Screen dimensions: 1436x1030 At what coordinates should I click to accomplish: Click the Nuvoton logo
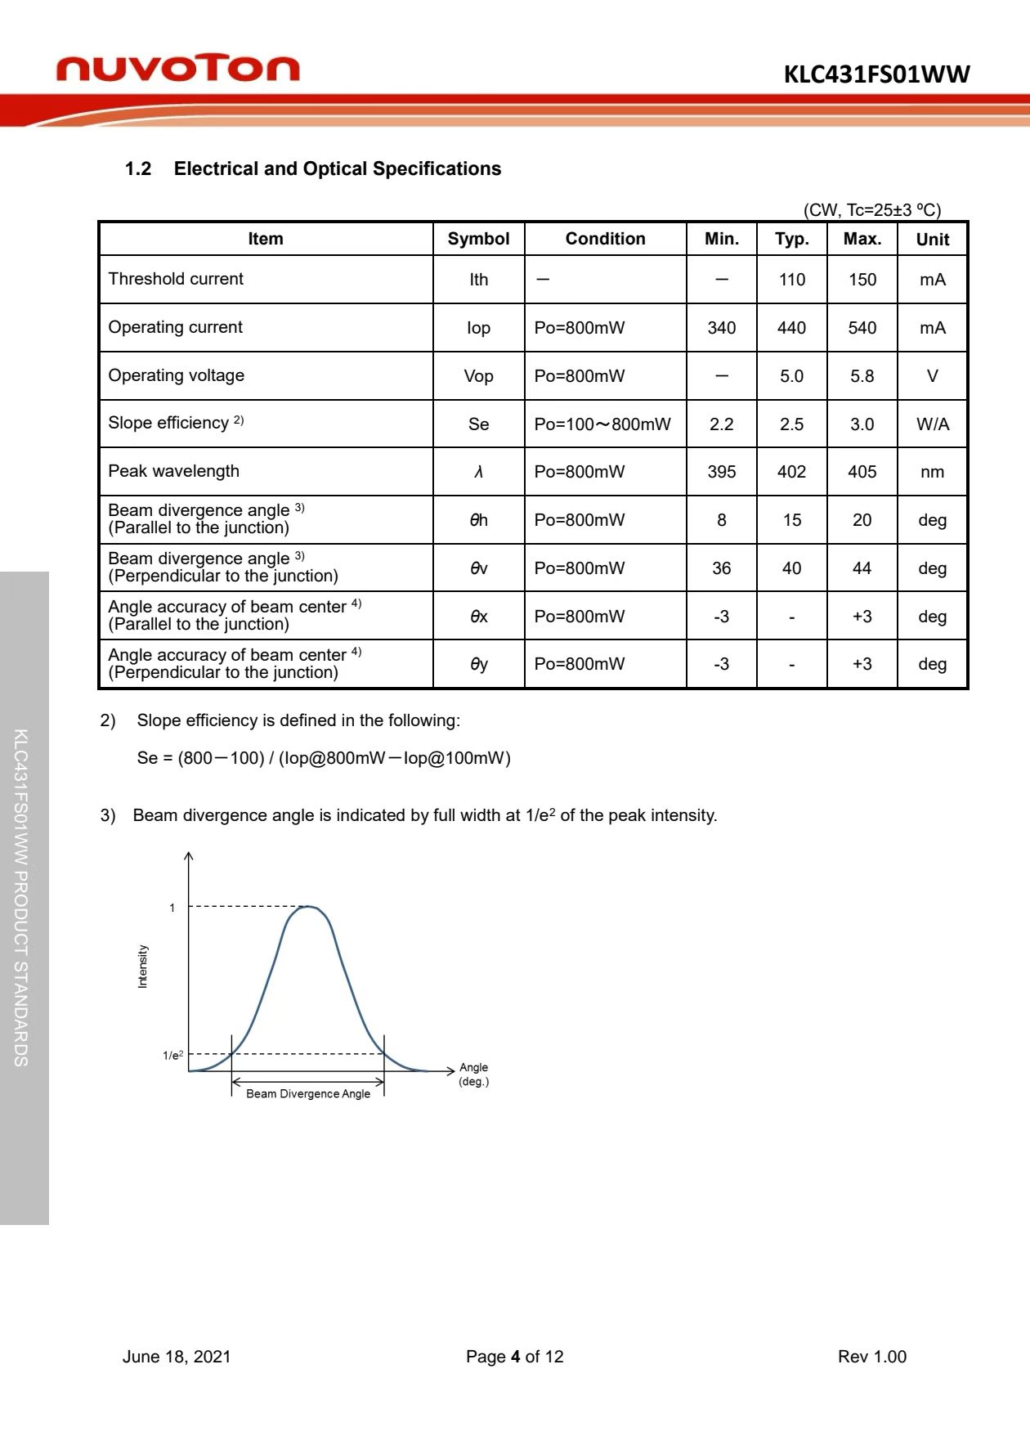click(x=177, y=69)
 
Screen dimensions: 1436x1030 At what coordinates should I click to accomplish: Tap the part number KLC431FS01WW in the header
click(x=876, y=74)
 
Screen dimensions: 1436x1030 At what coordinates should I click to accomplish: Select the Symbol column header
click(x=478, y=239)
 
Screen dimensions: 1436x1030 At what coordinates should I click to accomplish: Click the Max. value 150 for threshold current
click(x=862, y=280)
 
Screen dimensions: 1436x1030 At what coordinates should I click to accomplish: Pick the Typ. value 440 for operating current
click(x=791, y=328)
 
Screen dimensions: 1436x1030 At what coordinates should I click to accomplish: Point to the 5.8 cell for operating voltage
click(x=862, y=376)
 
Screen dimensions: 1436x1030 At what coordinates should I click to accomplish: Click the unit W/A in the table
click(x=932, y=424)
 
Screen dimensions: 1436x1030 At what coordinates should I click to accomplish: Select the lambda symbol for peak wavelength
click(x=478, y=472)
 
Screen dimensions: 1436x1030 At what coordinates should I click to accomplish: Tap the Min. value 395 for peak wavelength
click(x=721, y=472)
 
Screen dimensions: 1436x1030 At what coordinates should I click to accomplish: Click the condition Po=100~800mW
click(x=602, y=424)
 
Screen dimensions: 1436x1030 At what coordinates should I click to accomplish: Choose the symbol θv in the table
click(x=478, y=568)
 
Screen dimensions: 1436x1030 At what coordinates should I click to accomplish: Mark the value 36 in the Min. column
click(x=721, y=568)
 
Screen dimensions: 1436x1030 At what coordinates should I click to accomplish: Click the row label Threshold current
click(x=176, y=279)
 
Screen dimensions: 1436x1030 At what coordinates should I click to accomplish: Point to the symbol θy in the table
click(x=478, y=664)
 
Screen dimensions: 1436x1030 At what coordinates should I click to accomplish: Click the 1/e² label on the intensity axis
click(x=172, y=1055)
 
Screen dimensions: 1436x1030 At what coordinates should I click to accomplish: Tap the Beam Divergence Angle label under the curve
click(x=308, y=1093)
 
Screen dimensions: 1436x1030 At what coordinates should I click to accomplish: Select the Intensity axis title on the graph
click(x=143, y=967)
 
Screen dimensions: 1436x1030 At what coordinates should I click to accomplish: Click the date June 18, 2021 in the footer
click(x=177, y=1357)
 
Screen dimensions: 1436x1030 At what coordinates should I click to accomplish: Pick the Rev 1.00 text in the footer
click(x=871, y=1357)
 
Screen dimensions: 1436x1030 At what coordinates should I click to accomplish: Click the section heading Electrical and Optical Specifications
click(x=337, y=168)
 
